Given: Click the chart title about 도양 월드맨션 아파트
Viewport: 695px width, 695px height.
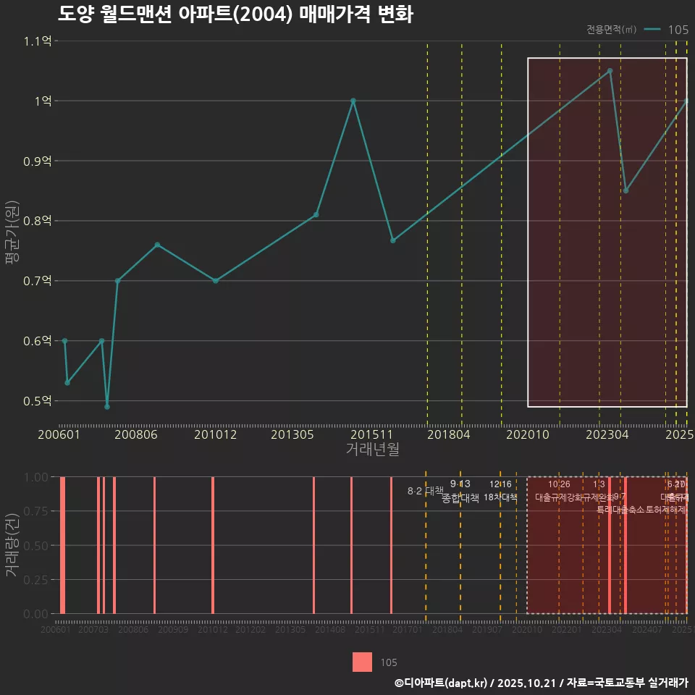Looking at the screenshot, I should (x=235, y=14).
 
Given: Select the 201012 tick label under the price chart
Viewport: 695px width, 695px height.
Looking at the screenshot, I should (x=215, y=435).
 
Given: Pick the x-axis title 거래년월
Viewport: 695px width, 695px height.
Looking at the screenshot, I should (x=372, y=450).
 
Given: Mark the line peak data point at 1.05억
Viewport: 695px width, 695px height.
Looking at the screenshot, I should (x=610, y=71).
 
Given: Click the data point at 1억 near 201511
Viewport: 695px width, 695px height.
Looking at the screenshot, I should (x=353, y=101).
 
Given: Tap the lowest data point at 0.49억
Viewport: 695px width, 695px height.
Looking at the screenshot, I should (x=107, y=407).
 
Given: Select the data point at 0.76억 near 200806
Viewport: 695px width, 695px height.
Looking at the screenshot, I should (x=157, y=245).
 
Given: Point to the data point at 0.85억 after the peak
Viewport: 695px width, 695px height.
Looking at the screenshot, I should (x=625, y=190).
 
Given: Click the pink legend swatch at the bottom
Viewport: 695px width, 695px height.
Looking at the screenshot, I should (x=363, y=662).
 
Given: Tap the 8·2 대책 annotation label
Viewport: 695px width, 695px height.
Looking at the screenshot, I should (x=425, y=491).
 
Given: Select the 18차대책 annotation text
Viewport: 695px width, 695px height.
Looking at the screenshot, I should (x=500, y=497).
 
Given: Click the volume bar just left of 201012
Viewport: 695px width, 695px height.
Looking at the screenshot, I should (x=212, y=545).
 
